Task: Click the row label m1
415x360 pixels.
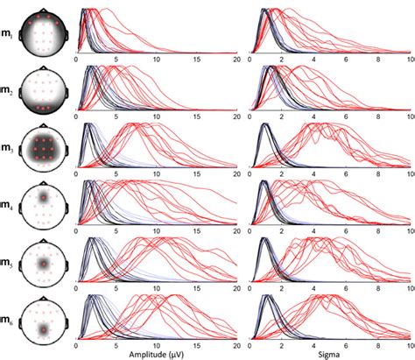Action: pyautogui.click(x=8, y=36)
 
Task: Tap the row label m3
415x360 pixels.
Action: pyautogui.click(x=8, y=150)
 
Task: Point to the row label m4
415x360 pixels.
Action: pyautogui.click(x=8, y=207)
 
